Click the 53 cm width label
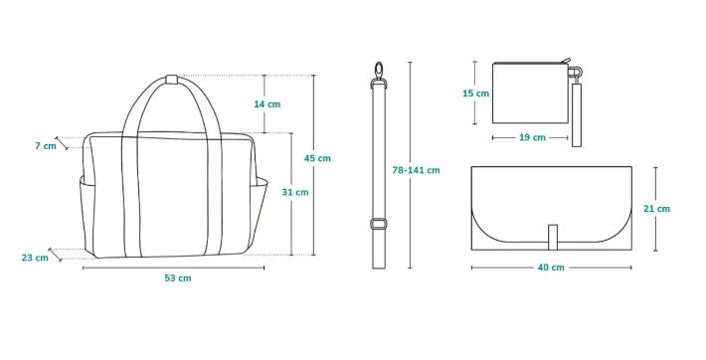[178, 278]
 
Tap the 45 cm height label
[317, 158]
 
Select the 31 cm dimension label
[295, 192]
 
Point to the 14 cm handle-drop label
[267, 104]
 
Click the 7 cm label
[46, 145]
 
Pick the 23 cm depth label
[35, 259]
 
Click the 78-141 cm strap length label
[416, 170]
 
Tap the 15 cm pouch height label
[476, 93]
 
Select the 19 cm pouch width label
[532, 137]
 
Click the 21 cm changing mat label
[657, 209]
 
